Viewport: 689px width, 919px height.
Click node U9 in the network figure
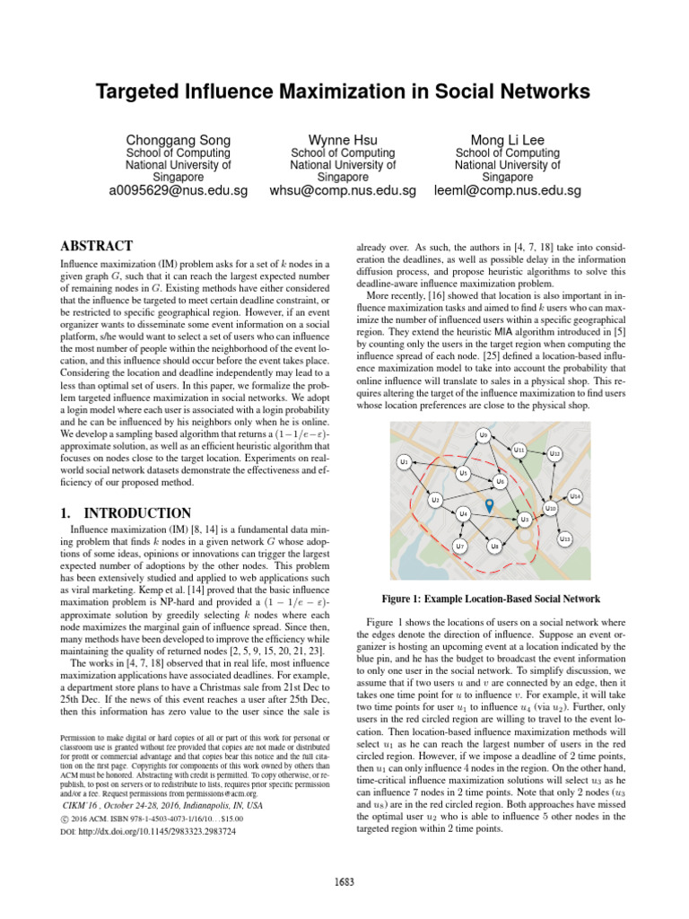point(484,435)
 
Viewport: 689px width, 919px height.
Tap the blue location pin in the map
point(489,507)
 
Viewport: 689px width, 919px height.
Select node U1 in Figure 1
point(405,461)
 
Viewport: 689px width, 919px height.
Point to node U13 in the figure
point(564,538)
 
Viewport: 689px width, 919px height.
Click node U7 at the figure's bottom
point(459,545)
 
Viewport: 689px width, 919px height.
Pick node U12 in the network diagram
point(555,454)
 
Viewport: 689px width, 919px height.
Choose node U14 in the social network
point(576,495)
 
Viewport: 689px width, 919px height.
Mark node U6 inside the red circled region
point(501,483)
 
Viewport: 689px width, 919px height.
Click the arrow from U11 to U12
point(537,451)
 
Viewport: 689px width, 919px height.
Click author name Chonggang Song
point(178,139)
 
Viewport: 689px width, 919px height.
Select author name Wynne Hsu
point(344,139)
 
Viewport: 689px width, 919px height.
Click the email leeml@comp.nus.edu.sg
point(508,190)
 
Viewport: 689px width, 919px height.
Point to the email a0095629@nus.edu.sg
point(178,190)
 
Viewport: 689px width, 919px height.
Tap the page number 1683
point(344,880)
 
